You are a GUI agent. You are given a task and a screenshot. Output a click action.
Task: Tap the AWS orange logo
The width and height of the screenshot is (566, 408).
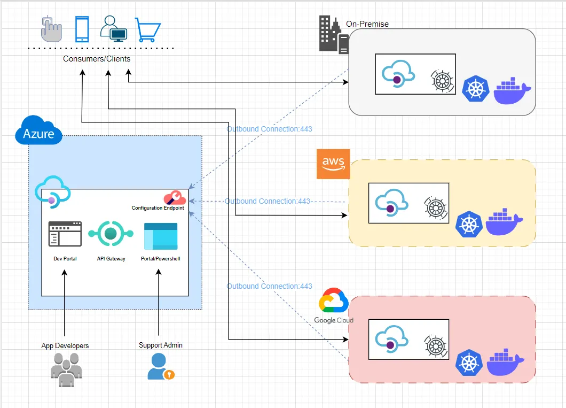333,164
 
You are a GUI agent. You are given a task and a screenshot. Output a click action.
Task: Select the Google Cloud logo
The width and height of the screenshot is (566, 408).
334,305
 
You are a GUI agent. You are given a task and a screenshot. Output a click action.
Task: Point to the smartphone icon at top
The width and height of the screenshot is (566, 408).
82,29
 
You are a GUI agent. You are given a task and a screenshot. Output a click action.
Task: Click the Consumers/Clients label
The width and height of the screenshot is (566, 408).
97,59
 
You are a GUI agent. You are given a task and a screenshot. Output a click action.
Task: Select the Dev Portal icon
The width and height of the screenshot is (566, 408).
65,234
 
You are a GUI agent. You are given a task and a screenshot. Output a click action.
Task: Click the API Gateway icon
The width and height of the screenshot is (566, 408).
111,234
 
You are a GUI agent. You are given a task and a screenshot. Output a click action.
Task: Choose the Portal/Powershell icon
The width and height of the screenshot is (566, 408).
160,236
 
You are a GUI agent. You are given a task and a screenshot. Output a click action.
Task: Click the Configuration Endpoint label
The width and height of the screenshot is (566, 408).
158,208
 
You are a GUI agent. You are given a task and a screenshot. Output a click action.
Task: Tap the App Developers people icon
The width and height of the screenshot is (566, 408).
66,368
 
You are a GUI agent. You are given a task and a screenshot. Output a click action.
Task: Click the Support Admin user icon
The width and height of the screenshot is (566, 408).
160,366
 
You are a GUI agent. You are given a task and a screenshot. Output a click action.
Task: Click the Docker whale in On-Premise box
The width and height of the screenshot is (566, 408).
512,91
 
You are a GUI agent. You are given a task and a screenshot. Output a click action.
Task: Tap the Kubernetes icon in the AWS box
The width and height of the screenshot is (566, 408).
468,224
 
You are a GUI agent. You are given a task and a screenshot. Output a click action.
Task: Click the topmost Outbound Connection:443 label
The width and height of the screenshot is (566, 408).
269,129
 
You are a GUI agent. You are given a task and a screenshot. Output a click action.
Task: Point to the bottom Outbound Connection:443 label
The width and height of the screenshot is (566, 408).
269,286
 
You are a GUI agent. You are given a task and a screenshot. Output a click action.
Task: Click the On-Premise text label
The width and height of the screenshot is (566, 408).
367,24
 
